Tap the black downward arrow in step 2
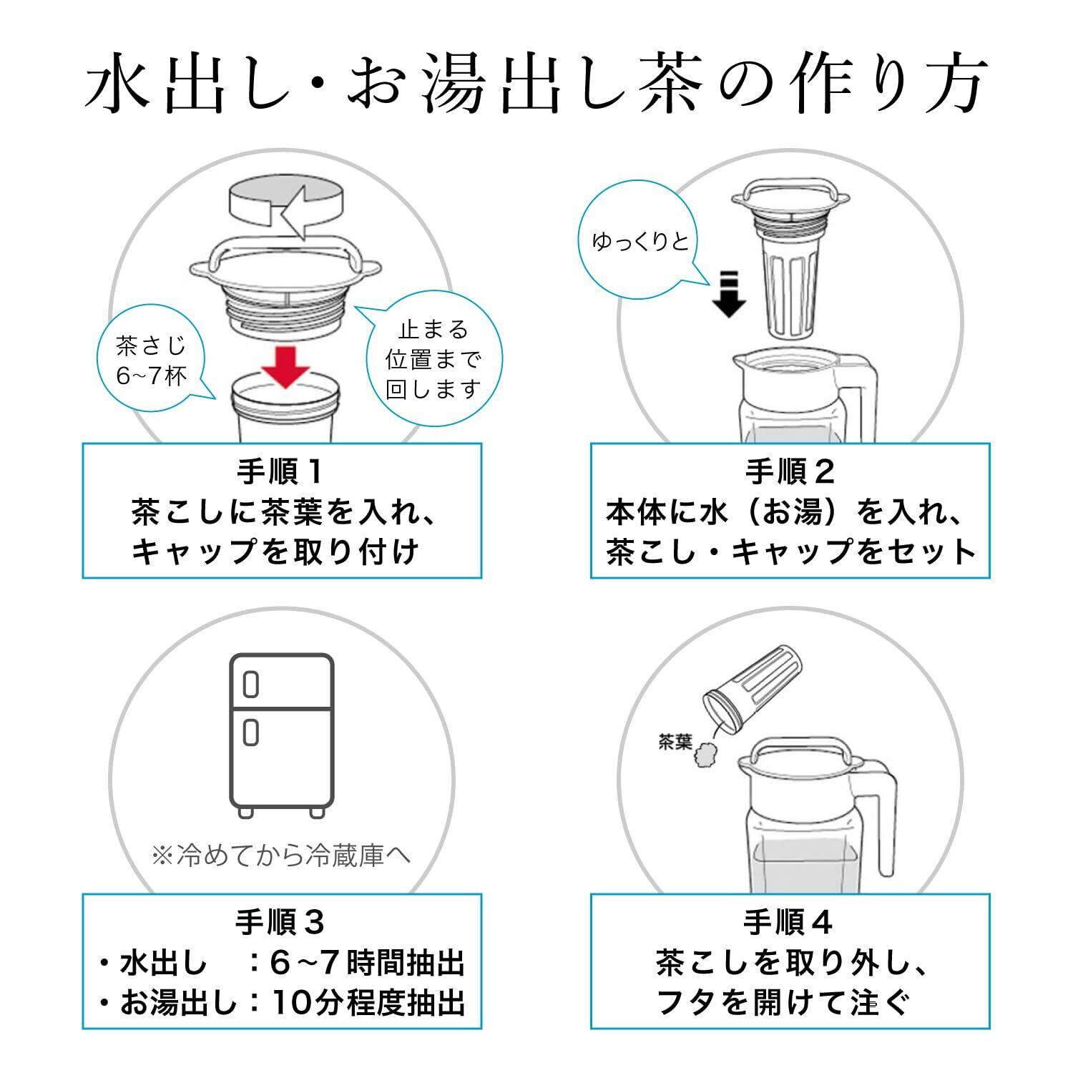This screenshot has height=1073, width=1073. [729, 295]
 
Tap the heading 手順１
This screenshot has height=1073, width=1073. [281, 472]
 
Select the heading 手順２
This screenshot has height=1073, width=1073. [790, 472]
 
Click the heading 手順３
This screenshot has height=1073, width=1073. [281, 923]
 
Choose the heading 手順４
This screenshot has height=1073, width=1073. [790, 923]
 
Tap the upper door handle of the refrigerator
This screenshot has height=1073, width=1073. [250, 684]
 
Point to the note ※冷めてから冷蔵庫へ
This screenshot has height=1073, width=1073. [281, 856]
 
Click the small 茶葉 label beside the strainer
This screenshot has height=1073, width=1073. [675, 743]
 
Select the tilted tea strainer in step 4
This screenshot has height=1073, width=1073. [757, 689]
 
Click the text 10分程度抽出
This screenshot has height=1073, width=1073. [368, 1003]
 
